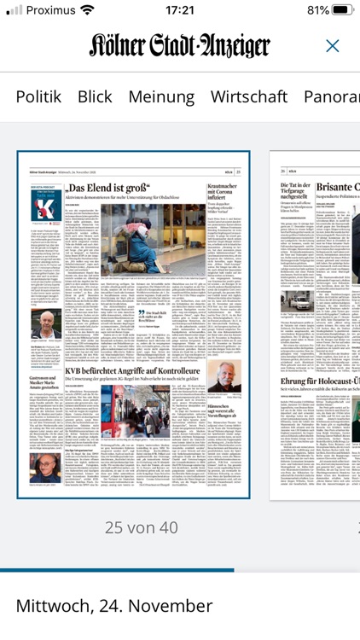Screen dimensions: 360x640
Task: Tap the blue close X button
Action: click(333, 46)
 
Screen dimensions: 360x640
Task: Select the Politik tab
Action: click(38, 96)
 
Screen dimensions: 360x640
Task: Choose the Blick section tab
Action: click(95, 96)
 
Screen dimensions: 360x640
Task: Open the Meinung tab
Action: click(161, 96)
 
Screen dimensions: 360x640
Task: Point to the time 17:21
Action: click(179, 10)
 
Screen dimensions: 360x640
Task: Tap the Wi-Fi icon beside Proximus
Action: click(87, 10)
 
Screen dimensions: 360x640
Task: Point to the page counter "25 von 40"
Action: click(142, 527)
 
